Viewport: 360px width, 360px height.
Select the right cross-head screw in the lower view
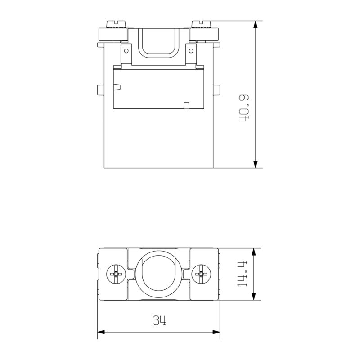pos(200,274)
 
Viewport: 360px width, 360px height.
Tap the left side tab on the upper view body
pos(101,90)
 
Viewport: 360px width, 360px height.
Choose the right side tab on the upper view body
pos(216,90)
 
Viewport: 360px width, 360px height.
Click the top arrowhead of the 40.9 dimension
pos(256,25)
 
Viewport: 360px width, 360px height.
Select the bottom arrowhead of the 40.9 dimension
pos(256,164)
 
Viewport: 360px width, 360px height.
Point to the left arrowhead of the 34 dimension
pos(102,333)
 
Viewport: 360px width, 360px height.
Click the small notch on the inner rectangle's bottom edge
pos(186,106)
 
